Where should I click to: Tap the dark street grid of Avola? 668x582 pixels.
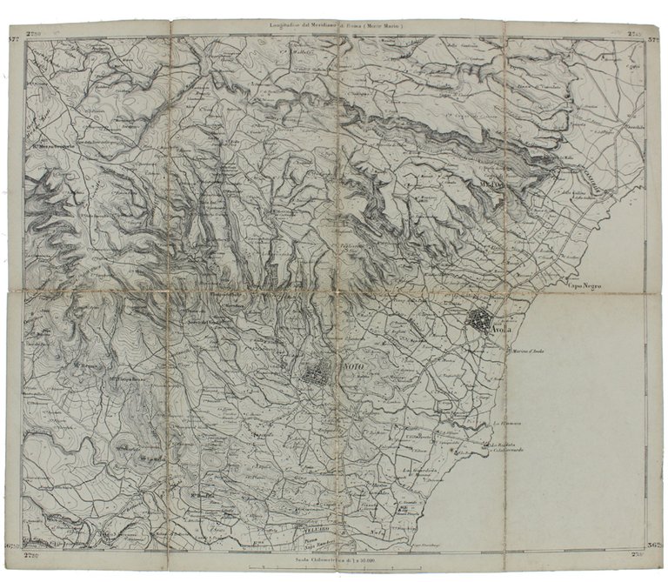478,320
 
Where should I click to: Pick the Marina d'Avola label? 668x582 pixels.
531,351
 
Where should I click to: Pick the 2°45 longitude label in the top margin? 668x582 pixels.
632,34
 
